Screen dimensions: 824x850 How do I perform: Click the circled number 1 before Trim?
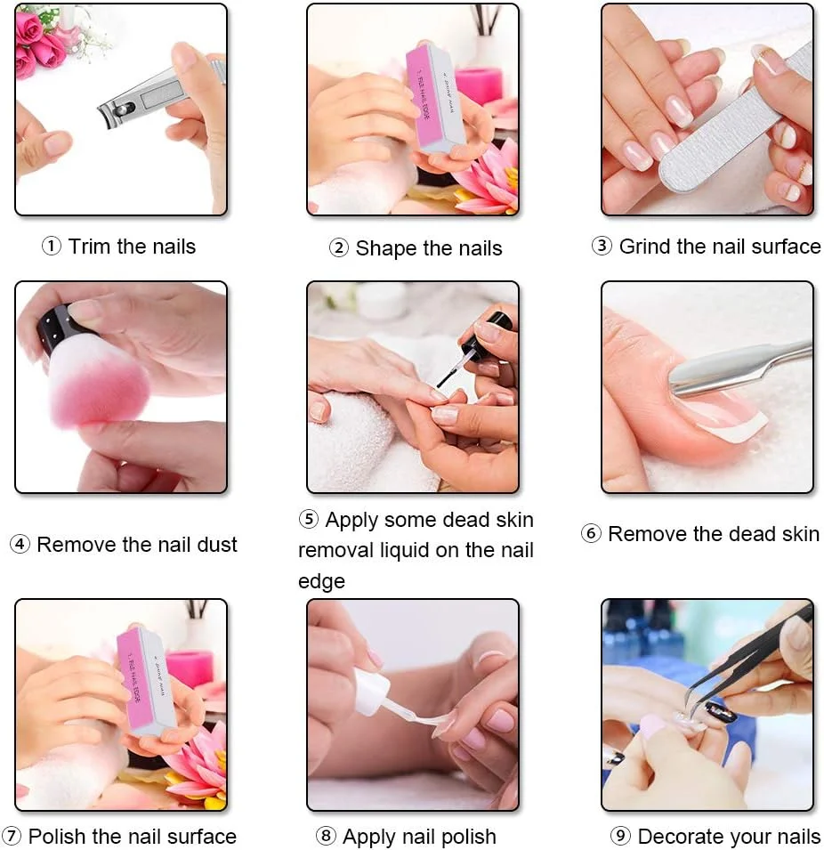pos(51,247)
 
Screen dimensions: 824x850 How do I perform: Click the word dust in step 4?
pos(217,544)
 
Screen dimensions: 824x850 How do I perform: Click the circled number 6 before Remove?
pos(591,533)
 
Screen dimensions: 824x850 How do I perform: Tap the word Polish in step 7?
pos(58,836)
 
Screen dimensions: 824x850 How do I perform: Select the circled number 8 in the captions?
pos(326,836)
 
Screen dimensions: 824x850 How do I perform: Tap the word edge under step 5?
pos(321,582)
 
